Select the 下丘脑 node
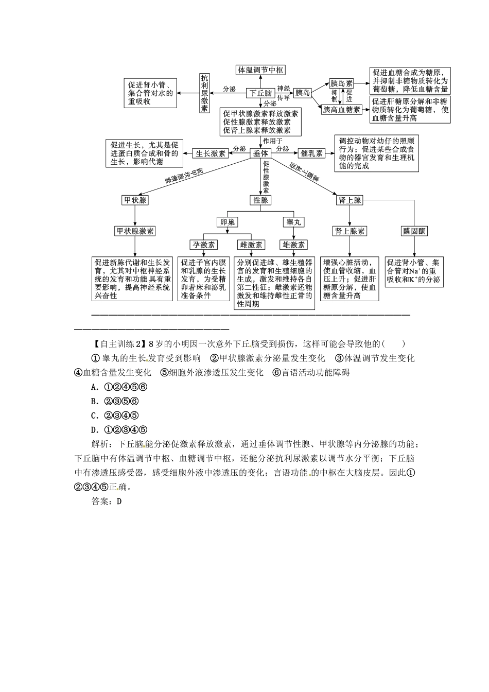coord(260,93)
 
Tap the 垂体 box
coord(261,153)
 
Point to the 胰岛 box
coord(303,93)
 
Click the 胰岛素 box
coord(342,83)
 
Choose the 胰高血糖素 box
coord(342,110)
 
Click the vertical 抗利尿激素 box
coord(205,93)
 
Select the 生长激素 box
coord(211,153)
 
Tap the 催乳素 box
coord(311,153)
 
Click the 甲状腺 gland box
coord(135,200)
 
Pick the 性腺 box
coord(261,200)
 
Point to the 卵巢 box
coord(228,222)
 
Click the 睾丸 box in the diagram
coord(294,222)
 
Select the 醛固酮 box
coord(414,231)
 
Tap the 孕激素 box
coord(204,245)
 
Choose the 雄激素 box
coord(294,245)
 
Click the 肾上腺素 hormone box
coord(350,231)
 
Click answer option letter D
coord(94,430)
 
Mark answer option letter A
coord(94,387)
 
